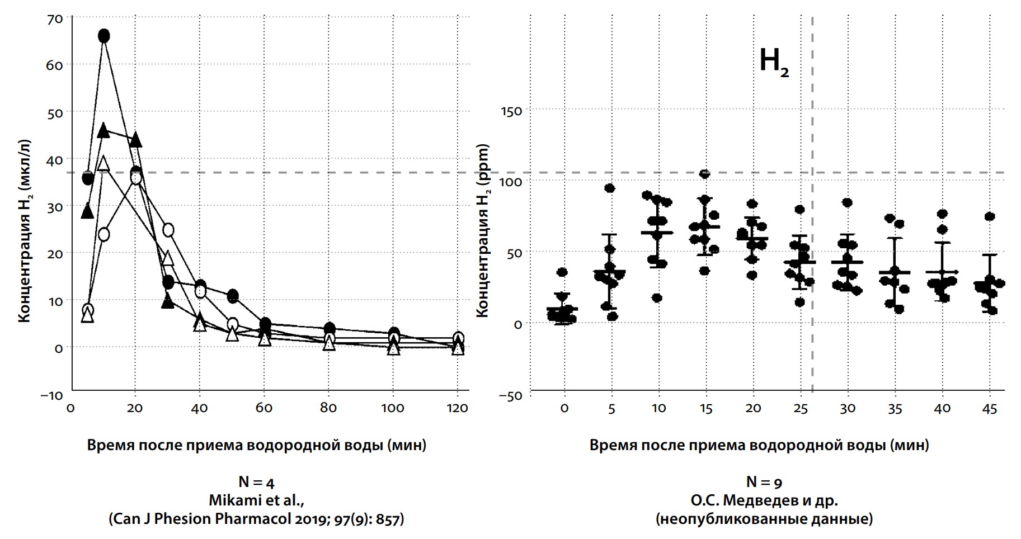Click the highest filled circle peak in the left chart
103,36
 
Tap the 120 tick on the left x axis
458,408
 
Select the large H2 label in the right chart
774,62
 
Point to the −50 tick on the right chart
509,396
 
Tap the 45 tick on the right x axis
989,409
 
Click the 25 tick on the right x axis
800,409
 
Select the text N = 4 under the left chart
256,482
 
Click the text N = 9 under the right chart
764,482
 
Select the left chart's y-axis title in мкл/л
24,230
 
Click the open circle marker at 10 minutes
103,234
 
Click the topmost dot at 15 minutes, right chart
705,174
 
